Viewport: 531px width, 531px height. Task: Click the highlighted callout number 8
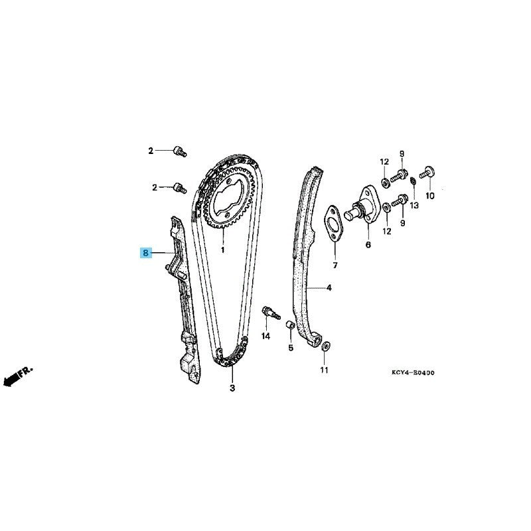click(x=145, y=253)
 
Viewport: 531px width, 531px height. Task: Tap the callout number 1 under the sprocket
click(x=223, y=250)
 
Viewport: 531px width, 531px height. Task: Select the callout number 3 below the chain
click(x=232, y=388)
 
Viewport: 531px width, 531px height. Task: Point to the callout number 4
click(x=329, y=288)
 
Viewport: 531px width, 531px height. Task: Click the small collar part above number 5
click(x=290, y=325)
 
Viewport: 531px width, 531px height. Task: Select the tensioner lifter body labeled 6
click(x=360, y=205)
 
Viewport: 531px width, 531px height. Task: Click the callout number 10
click(x=429, y=196)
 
